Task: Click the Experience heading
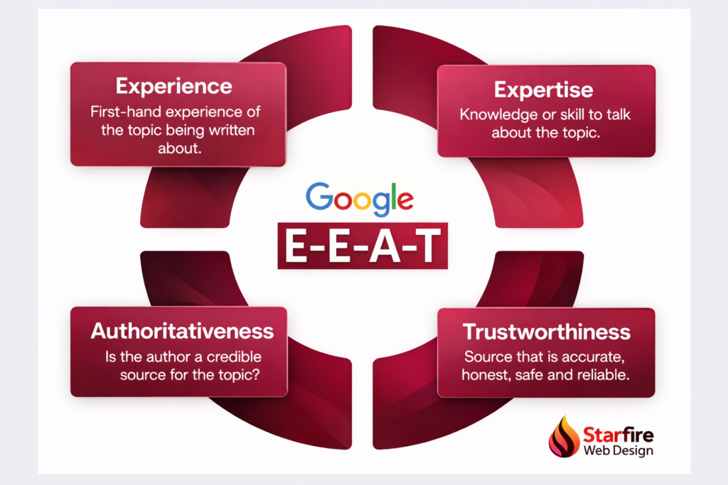tap(174, 87)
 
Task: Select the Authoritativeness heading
tap(182, 331)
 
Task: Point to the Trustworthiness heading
tap(546, 332)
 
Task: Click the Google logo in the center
tap(360, 198)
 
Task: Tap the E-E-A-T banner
tap(363, 245)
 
